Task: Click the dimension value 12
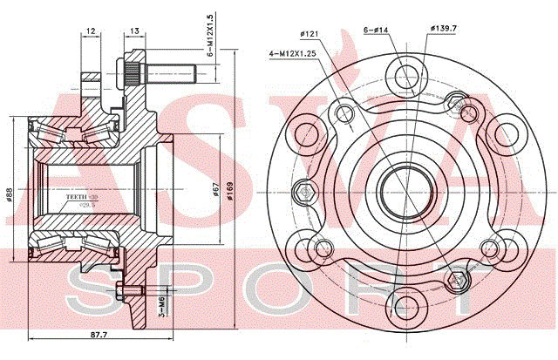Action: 91,31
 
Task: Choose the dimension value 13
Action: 133,31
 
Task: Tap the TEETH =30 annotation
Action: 83,198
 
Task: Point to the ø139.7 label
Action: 444,30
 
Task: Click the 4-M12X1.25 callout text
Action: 293,54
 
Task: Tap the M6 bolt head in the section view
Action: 131,291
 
